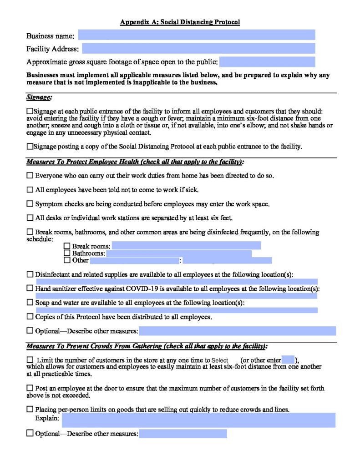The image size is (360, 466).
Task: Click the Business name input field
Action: [197, 35]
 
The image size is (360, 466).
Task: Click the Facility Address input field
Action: [198, 49]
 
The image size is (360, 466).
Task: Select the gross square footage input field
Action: [267, 62]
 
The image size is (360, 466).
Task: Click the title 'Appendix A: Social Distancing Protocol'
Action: [180, 22]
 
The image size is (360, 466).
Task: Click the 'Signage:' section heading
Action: [39, 97]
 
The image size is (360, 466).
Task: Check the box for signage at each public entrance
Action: [30, 111]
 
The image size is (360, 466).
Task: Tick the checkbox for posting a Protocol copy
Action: [30, 147]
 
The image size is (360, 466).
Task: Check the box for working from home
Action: [30, 175]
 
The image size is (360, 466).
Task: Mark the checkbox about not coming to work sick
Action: [30, 189]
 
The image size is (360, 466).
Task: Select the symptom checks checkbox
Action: [30, 203]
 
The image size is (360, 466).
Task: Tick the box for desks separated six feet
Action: [30, 218]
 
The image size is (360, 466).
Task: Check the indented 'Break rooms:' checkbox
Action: [67, 246]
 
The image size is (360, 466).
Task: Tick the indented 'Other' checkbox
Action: [67, 260]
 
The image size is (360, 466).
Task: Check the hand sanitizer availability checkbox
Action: [30, 289]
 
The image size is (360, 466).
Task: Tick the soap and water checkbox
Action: [30, 303]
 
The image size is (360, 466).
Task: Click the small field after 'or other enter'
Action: [288, 360]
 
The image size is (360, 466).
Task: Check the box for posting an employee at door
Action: [30, 388]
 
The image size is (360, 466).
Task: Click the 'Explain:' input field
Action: [198, 420]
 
